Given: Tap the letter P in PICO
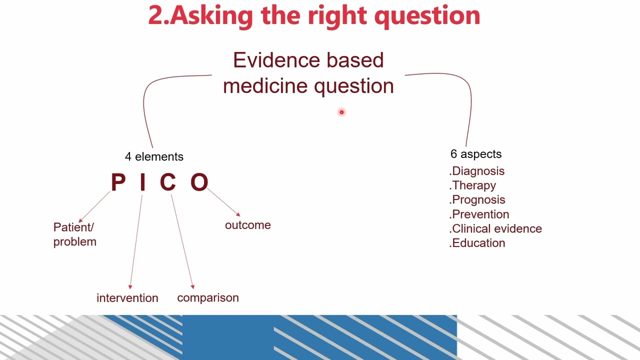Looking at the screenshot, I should click(118, 182).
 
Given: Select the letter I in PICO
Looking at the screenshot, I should click(142, 182).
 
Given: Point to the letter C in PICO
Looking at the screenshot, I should click(168, 182).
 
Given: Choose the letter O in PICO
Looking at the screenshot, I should click(199, 182).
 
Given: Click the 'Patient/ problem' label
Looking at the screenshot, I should click(74, 234).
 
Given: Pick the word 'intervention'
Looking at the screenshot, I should click(127, 298).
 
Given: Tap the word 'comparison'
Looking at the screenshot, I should click(208, 298).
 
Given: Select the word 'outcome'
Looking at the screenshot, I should click(247, 225).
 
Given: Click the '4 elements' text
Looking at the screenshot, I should click(154, 157).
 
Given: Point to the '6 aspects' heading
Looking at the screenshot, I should click(475, 154).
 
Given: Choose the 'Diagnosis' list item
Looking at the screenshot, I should click(478, 171).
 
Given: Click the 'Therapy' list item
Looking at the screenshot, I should click(473, 185).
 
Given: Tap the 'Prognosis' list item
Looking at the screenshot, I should click(478, 200).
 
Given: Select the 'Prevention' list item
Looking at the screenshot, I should click(480, 214).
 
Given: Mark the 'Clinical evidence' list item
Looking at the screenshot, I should click(496, 228).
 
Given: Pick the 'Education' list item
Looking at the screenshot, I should click(478, 243).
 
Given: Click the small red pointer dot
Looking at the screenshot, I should click(341, 112).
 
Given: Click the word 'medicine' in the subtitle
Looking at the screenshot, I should click(266, 86).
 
